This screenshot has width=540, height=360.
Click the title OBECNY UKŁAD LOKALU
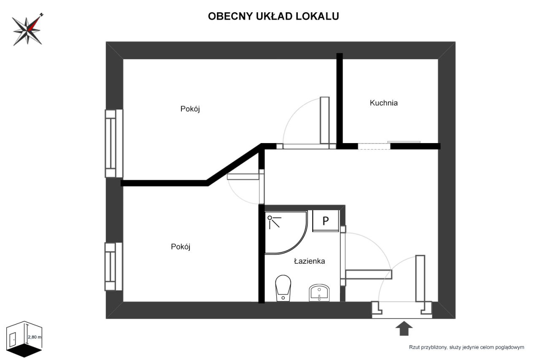pos(273,16)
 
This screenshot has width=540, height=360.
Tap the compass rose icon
pos(28,30)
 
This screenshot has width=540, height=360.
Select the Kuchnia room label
pos(383,103)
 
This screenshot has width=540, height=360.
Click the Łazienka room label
pos(309,261)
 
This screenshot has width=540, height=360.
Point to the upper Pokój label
pos(190,109)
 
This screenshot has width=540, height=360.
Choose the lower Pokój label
pos(181,247)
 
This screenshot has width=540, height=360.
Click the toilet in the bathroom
pos(283,288)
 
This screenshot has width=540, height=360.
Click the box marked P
pos(325,221)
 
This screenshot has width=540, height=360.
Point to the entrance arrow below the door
pos(404,328)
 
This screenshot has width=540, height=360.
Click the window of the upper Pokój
pos(113,143)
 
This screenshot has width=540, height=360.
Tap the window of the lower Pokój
pos(113,266)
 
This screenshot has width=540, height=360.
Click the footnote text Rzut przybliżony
pos(466,347)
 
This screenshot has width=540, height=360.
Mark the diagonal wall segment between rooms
pos(235,165)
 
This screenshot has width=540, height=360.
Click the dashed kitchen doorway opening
pos(374,146)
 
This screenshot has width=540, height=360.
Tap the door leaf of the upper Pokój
pos(324,120)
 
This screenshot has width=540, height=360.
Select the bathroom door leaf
pos(368,274)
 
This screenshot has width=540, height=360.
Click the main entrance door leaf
pos(420,279)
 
